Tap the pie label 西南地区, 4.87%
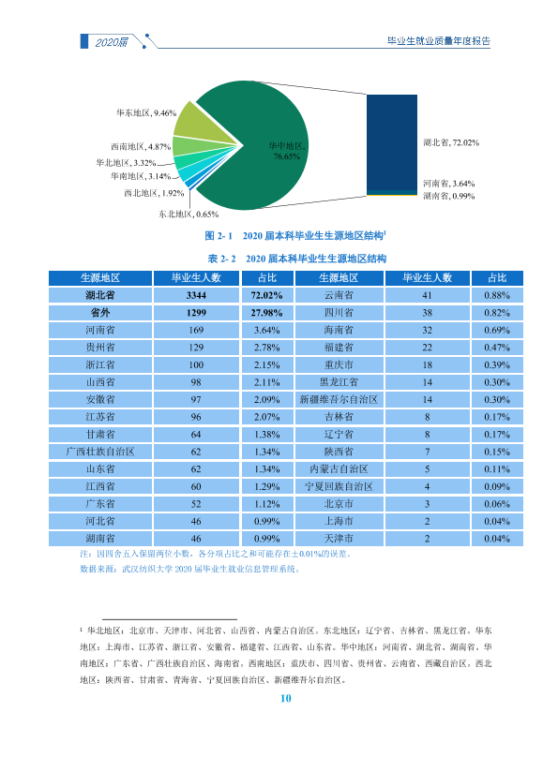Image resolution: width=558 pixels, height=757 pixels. point(141,147)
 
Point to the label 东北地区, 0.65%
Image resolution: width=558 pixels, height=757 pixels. point(189,214)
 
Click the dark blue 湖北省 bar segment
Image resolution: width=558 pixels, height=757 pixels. point(391,143)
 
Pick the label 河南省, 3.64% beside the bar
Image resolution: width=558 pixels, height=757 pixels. point(449,184)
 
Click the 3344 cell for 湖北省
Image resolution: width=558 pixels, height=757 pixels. point(196,295)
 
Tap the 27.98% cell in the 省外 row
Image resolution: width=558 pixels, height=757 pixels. point(266,313)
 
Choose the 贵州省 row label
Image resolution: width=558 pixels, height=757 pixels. point(100,348)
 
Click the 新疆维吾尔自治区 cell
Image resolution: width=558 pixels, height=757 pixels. point(339,400)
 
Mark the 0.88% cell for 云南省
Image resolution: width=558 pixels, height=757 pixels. point(497,295)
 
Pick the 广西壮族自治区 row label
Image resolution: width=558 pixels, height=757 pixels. point(100,452)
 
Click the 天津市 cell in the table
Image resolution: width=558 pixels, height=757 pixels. point(339,539)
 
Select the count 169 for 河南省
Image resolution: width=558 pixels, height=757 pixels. point(196,330)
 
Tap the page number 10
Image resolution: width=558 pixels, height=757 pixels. point(285,698)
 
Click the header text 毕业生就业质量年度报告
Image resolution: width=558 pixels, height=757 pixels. point(439,41)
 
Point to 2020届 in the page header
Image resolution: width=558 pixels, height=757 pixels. point(112,42)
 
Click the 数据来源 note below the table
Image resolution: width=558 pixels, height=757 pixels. point(190,570)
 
